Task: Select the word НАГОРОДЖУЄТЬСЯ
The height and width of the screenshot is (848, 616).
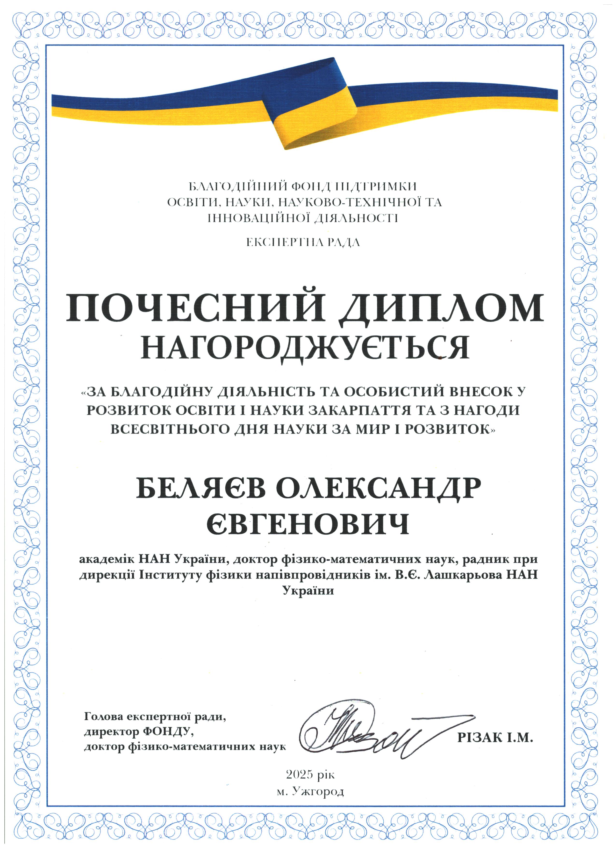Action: pos(304,347)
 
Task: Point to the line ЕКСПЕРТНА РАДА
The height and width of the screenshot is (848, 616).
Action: pos(303,243)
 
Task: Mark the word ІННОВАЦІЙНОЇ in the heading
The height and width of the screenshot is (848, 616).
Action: pos(254,218)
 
